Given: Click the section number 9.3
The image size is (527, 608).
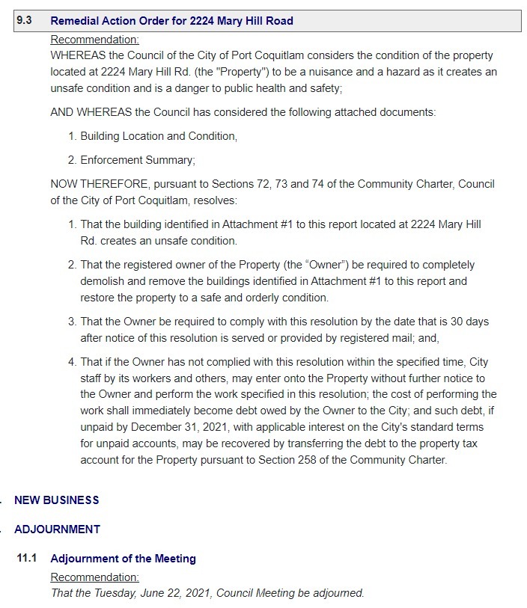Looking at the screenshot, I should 24,21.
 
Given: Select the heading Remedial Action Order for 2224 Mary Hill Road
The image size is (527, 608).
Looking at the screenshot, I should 171,21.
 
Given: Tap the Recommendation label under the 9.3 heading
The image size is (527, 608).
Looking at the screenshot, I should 94,40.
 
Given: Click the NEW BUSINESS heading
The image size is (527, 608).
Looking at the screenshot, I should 57,500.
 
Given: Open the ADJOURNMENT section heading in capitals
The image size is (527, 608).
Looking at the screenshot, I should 57,529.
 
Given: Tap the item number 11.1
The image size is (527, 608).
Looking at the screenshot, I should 28,559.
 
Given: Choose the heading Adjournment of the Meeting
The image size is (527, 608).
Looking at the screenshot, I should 123,559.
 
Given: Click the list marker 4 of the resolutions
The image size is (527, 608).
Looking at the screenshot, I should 72,362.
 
